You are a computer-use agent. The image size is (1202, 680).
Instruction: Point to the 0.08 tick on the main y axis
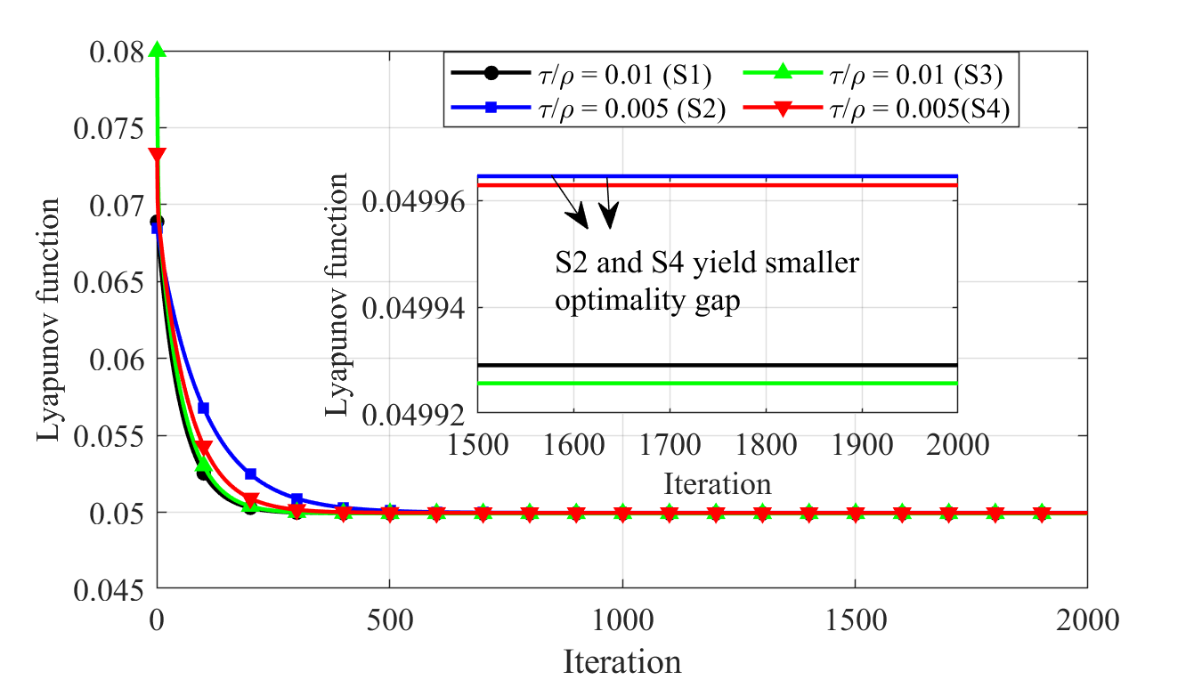(118, 53)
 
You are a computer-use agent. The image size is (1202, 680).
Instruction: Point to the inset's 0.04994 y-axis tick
(418, 308)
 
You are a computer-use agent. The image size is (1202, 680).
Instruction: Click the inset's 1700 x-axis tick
(669, 443)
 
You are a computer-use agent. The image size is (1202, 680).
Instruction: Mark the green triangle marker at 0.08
(158, 51)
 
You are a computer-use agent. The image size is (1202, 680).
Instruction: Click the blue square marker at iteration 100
(203, 408)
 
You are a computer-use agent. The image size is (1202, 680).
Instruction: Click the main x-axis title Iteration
(621, 661)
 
